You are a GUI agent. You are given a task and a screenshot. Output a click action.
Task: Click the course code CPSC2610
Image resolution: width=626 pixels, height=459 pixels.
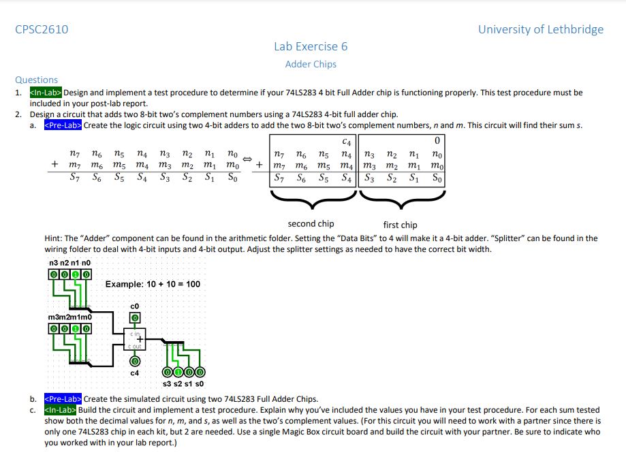pyautogui.click(x=42, y=29)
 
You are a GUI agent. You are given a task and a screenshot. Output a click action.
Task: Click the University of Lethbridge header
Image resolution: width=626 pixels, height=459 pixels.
pyautogui.click(x=540, y=29)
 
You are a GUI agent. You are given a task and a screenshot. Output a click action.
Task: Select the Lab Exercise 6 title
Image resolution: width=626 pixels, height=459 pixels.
pyautogui.click(x=311, y=46)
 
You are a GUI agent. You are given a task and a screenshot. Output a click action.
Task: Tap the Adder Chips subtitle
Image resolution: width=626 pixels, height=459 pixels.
pyautogui.click(x=311, y=64)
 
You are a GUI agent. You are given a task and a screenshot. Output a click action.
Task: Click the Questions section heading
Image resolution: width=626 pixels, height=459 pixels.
pyautogui.click(x=37, y=80)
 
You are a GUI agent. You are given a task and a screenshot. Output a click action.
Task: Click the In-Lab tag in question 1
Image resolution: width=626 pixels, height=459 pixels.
pyautogui.click(x=46, y=93)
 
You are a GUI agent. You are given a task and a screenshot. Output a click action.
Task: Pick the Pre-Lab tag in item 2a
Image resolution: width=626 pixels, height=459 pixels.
pyautogui.click(x=62, y=125)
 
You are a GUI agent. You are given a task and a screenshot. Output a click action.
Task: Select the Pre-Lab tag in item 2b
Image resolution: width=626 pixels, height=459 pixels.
pyautogui.click(x=62, y=398)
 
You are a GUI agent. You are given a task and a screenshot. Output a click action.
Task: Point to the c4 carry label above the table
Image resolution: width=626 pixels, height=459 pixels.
pyautogui.click(x=347, y=142)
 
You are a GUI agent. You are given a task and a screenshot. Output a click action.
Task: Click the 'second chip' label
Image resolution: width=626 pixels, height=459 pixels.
pyautogui.click(x=311, y=224)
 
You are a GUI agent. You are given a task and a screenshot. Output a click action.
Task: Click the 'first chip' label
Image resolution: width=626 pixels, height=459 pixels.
pyautogui.click(x=401, y=225)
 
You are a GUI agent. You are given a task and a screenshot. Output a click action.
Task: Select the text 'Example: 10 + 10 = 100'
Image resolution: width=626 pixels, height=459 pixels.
pyautogui.click(x=153, y=284)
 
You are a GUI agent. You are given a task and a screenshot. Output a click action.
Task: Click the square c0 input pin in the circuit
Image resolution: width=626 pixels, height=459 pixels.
pyautogui.click(x=135, y=318)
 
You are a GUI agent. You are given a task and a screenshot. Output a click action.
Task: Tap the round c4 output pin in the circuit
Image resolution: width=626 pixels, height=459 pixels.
pyautogui.click(x=135, y=362)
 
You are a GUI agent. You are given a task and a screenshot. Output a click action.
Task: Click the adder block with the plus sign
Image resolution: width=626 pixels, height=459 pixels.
pyautogui.click(x=135, y=339)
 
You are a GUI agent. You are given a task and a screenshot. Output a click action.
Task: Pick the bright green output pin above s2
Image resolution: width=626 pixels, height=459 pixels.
pyautogui.click(x=178, y=373)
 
